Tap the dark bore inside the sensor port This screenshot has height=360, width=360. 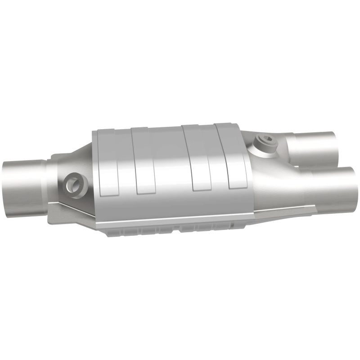pyautogui.click(x=72, y=184)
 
